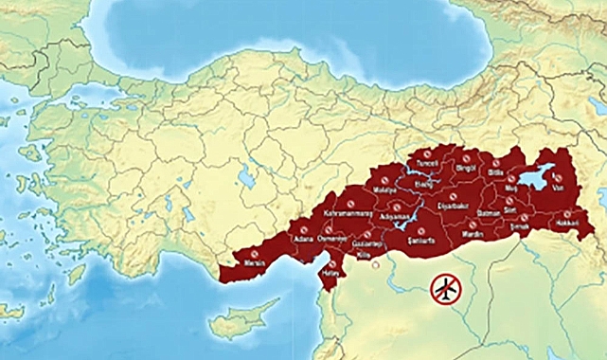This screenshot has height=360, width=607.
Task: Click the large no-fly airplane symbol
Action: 445,287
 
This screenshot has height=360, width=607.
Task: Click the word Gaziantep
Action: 365,243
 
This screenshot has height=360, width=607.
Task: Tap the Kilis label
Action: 363,256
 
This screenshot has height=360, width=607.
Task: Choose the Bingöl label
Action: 467,168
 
